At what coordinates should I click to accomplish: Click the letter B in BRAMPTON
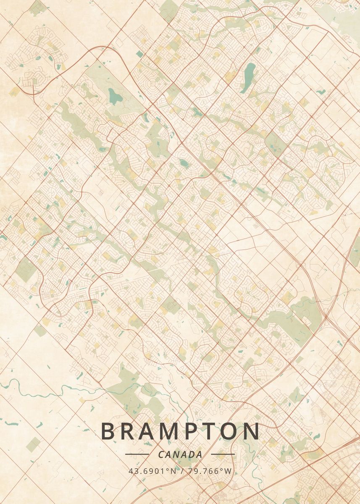click(x=108, y=431)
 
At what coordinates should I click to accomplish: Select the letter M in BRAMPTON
click(x=175, y=431)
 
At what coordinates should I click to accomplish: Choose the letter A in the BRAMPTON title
click(x=151, y=431)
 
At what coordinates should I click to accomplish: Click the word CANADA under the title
click(x=180, y=454)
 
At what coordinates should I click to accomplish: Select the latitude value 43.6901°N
click(x=152, y=471)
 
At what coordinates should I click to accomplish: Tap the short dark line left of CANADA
click(x=137, y=454)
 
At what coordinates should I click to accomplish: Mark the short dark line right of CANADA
click(x=223, y=454)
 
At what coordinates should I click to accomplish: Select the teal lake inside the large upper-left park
click(x=115, y=97)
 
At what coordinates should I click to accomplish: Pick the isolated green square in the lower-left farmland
click(x=33, y=444)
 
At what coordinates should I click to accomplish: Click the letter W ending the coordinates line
click(x=228, y=471)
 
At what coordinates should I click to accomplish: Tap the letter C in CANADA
click(x=161, y=454)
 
